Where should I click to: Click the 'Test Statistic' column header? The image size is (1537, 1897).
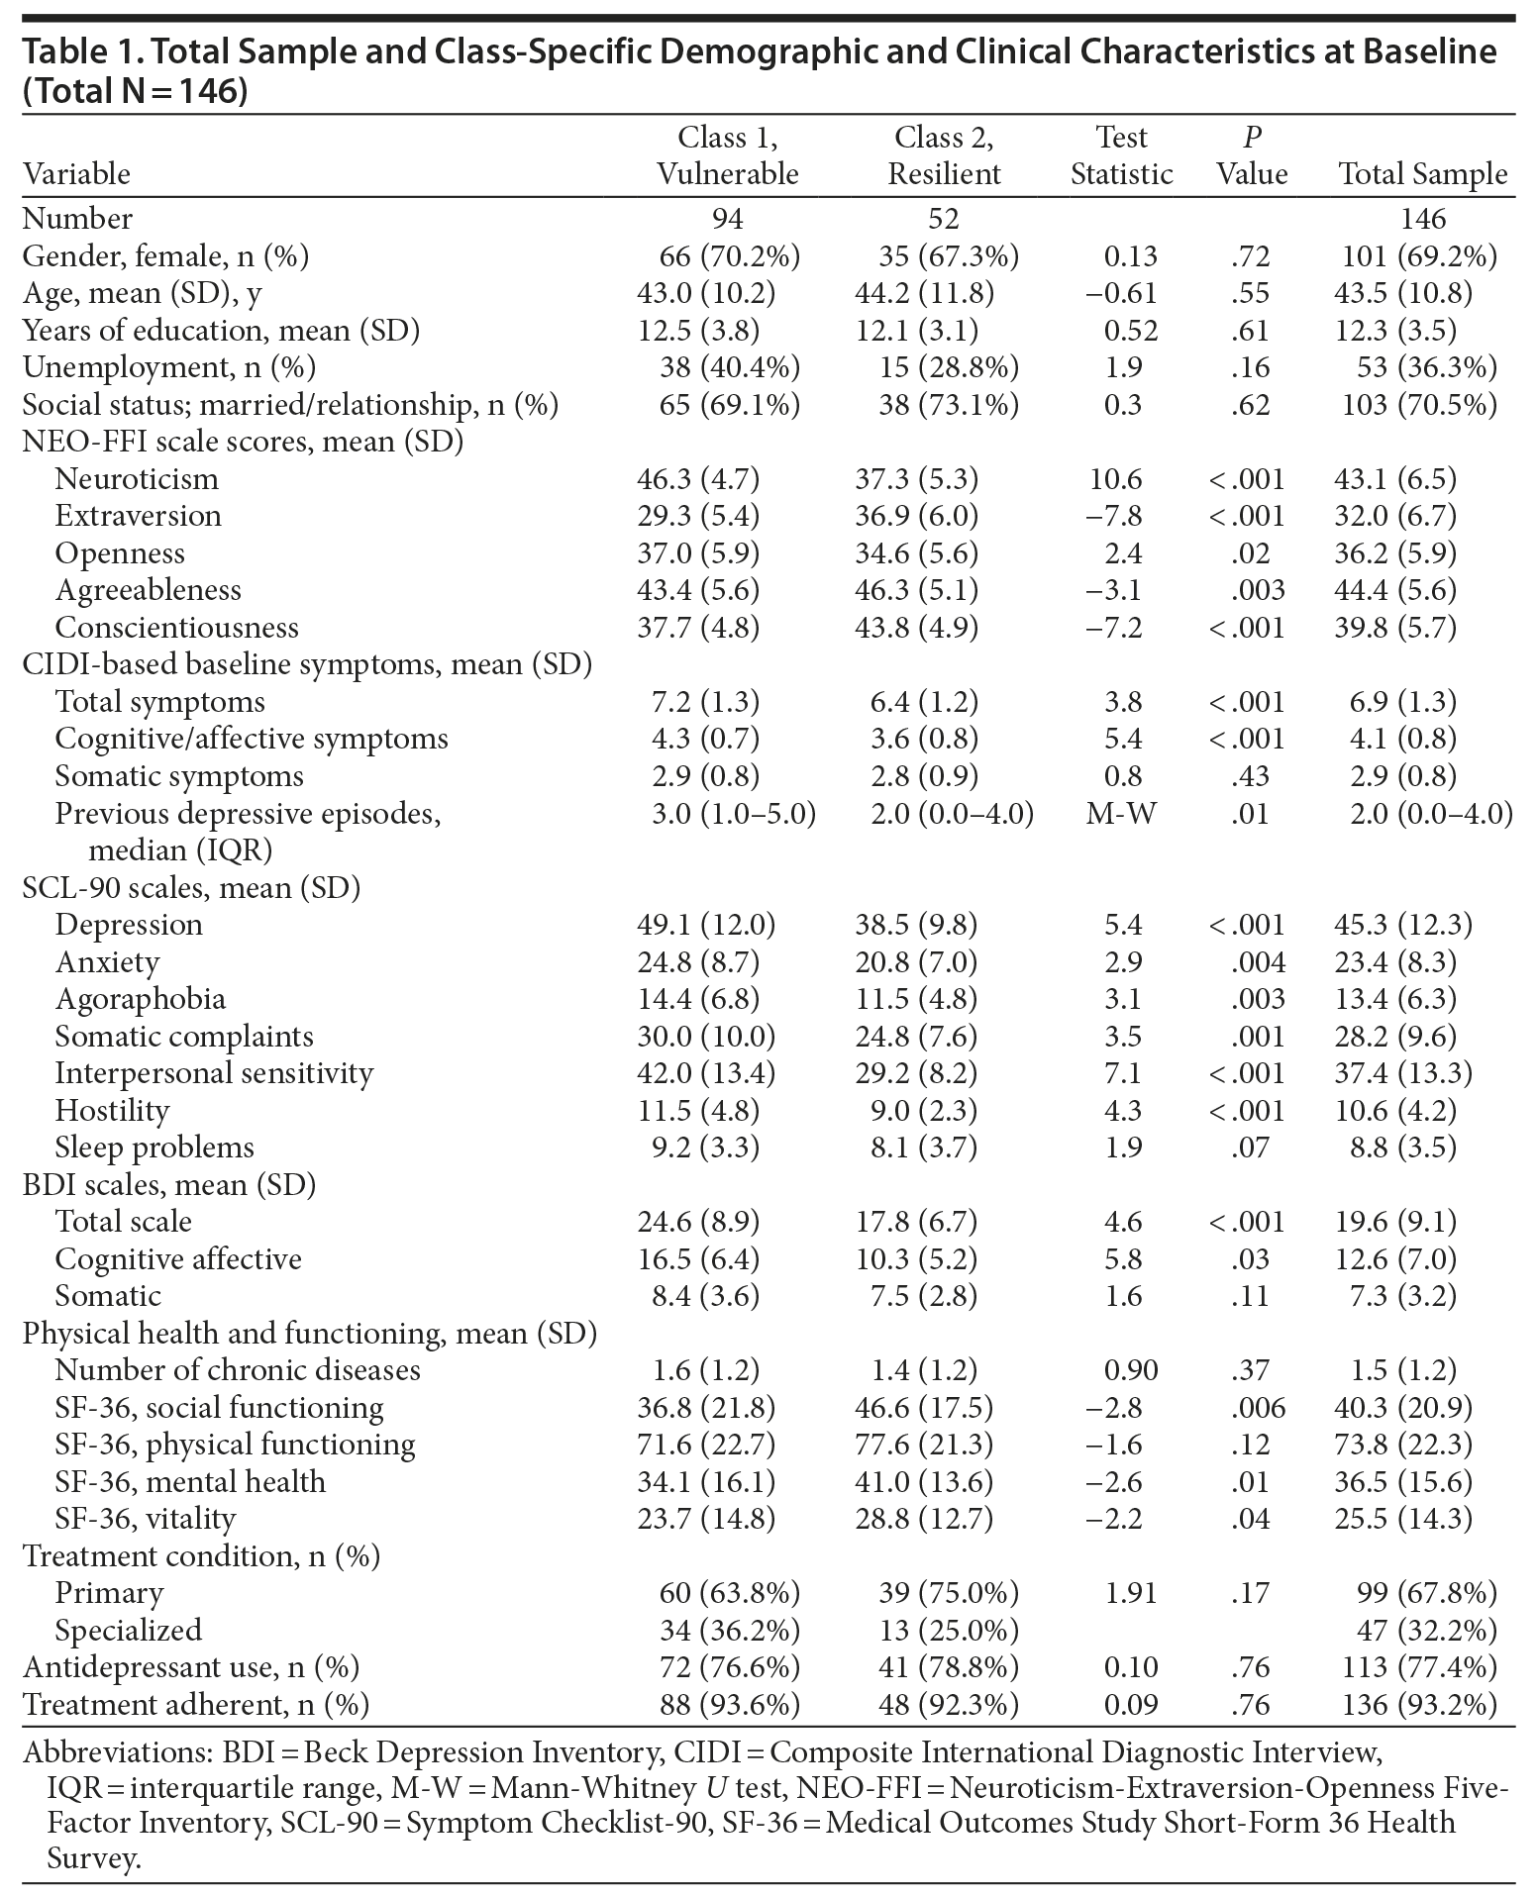(1121, 155)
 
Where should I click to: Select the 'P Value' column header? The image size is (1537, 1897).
(1252, 155)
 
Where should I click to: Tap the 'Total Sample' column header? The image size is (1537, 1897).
(1423, 174)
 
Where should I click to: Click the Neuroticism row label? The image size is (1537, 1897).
(137, 479)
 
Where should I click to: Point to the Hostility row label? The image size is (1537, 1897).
(112, 1111)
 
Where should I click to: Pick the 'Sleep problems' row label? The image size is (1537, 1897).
(154, 1148)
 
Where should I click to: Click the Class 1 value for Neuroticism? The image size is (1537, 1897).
(698, 479)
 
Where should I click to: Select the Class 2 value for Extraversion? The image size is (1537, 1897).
(916, 516)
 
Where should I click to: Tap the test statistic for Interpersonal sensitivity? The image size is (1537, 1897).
(1122, 1073)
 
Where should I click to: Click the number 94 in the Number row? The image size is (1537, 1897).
(727, 219)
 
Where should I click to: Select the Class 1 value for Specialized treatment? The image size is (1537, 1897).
(729, 1631)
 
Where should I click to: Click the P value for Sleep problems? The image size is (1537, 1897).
(1253, 1148)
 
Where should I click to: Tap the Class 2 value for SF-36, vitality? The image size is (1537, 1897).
(924, 1519)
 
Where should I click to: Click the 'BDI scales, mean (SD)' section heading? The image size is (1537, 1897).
(169, 1185)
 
